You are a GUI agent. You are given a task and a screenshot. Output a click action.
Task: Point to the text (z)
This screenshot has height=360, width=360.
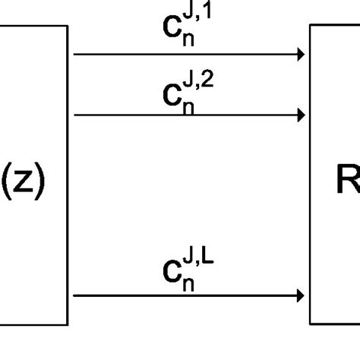[24, 182]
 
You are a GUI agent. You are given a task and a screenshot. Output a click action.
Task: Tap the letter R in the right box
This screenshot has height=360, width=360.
[348, 182]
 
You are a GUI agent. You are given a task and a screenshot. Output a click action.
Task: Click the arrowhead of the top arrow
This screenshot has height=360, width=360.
[302, 55]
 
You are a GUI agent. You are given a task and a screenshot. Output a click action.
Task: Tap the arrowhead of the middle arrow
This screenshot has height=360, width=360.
[302, 115]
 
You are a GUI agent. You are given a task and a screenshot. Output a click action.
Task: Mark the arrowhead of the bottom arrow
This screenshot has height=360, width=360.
[302, 295]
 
